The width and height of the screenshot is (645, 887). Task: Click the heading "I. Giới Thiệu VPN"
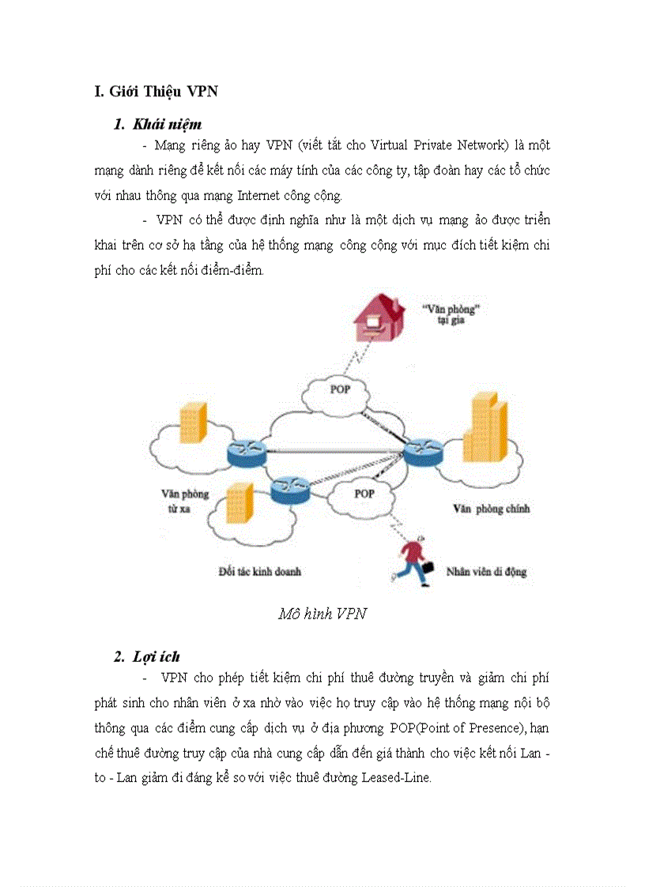click(x=156, y=92)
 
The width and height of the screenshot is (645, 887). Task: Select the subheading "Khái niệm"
click(x=168, y=124)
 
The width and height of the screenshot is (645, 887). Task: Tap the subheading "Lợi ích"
click(x=157, y=656)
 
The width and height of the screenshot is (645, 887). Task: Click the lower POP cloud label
click(x=364, y=494)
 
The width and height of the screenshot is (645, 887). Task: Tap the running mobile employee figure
click(x=413, y=562)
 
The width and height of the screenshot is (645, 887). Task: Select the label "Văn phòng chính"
click(x=491, y=509)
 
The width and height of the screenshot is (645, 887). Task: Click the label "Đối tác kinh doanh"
click(x=259, y=571)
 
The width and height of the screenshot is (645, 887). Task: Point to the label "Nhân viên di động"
click(x=486, y=571)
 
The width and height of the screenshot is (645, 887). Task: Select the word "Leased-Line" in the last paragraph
click(x=396, y=777)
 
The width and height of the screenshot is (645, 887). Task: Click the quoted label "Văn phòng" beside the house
click(x=453, y=309)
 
